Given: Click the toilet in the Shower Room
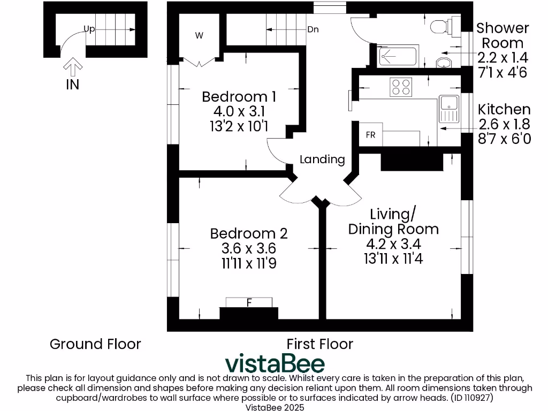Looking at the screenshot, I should [441, 26].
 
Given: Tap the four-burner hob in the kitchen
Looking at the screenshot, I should [401, 87].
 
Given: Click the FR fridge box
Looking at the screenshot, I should [370, 135].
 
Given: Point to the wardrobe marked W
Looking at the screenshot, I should [199, 36].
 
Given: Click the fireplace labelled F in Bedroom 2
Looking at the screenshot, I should [249, 303].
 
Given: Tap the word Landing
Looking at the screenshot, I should [322, 159].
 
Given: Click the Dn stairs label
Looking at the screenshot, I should [313, 29].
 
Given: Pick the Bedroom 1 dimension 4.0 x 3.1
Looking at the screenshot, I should [239, 111].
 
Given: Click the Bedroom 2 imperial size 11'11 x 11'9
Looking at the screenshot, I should [248, 263].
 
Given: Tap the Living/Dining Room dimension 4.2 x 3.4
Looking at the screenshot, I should [393, 244].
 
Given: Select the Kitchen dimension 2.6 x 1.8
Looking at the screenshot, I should [504, 124].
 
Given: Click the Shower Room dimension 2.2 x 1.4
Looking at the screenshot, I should [503, 57].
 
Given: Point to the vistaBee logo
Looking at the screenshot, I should [275, 363].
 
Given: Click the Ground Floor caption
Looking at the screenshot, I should [95, 344].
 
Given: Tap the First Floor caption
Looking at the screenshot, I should [319, 344].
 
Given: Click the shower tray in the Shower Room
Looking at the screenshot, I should [399, 56].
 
